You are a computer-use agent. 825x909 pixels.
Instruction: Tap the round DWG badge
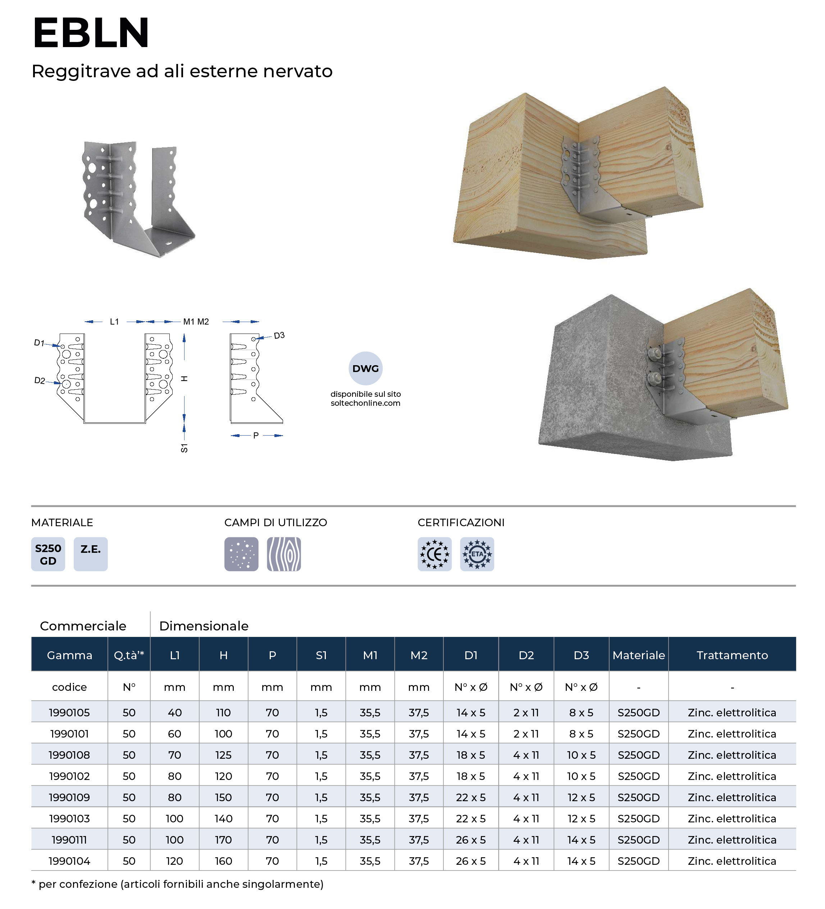(x=365, y=368)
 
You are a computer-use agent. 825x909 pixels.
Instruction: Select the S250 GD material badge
(x=48, y=554)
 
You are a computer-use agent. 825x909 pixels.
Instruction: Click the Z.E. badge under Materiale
(x=90, y=554)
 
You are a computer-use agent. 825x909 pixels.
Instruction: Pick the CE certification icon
(x=434, y=554)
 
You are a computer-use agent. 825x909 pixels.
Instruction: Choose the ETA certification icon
(x=477, y=554)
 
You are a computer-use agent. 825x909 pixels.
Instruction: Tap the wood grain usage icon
(x=284, y=554)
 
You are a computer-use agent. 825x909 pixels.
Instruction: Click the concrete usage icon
(x=241, y=554)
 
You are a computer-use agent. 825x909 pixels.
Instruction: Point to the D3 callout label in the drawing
(x=279, y=335)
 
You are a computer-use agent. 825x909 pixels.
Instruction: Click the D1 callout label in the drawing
(x=39, y=343)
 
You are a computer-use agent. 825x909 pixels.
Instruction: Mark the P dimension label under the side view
(x=256, y=436)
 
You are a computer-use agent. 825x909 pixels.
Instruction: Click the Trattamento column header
(x=731, y=655)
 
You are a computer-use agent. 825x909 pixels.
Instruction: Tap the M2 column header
(x=419, y=655)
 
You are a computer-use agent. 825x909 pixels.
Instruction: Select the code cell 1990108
(x=69, y=755)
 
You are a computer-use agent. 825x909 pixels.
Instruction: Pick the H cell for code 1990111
(x=223, y=840)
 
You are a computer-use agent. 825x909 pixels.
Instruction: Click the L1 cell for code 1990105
(x=174, y=712)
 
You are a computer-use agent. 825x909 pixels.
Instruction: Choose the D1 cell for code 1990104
(x=470, y=861)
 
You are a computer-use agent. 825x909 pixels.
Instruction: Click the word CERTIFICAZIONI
(x=461, y=523)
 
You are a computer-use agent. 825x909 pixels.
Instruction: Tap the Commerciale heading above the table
(x=83, y=626)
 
